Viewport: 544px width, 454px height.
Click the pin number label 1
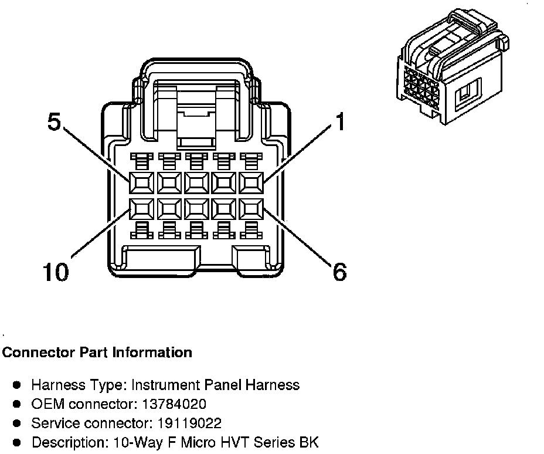(339, 122)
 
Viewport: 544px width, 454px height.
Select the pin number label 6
(339, 272)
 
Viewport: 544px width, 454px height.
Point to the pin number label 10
(55, 272)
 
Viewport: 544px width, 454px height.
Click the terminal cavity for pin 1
(251, 182)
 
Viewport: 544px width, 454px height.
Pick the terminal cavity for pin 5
(141, 182)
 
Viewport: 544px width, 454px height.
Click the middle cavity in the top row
(196, 182)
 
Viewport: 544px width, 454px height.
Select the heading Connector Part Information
(97, 353)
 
